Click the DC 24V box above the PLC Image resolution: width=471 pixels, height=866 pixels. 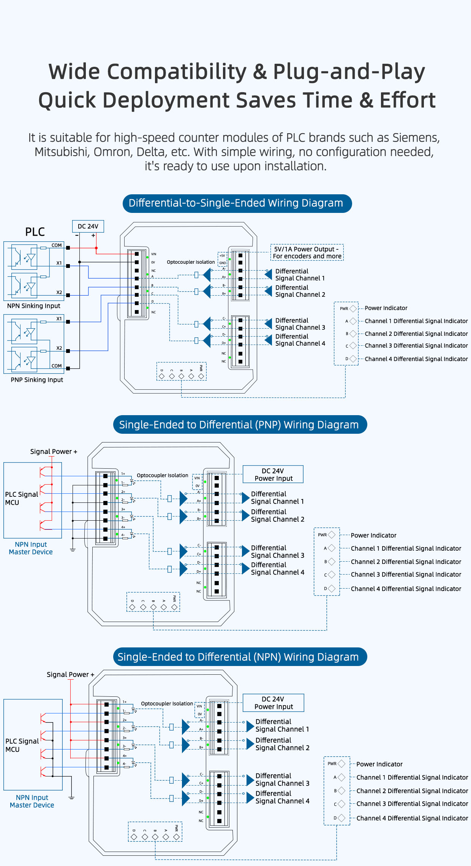88,226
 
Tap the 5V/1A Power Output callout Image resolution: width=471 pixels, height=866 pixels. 307,252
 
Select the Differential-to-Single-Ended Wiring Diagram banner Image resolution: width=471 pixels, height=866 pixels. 237,203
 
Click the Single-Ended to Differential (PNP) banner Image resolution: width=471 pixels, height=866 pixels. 240,425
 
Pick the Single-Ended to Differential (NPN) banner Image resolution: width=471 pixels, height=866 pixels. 240,657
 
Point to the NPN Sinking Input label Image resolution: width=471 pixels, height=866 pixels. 33,306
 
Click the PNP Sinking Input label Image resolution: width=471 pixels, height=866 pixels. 37,380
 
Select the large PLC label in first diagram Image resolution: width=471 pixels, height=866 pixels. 35,232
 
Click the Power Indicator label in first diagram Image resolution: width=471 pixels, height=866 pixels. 386,308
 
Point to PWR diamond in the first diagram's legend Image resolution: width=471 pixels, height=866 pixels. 353,309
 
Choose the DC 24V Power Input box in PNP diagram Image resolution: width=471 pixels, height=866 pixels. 273,474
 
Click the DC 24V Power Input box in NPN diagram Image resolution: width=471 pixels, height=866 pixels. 273,703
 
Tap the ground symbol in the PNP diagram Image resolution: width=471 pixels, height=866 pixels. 73,550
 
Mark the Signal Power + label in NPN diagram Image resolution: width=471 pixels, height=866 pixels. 70,674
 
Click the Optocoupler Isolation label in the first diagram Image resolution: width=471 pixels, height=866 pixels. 191,262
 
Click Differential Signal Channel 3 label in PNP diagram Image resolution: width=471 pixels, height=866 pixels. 277,551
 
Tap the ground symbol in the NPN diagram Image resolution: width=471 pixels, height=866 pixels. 71,798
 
